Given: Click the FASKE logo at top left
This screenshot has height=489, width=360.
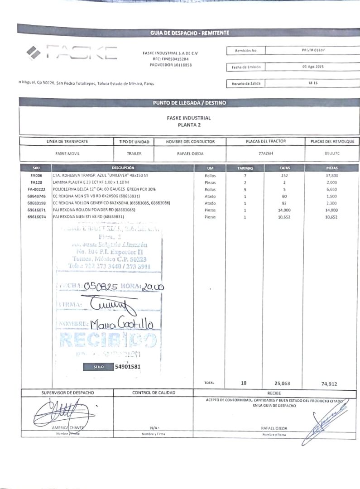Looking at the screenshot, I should pos(72,53).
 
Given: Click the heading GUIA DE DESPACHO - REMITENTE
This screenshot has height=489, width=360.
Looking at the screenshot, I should pos(190,33).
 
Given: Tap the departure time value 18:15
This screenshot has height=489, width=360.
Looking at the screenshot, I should pos(312,83).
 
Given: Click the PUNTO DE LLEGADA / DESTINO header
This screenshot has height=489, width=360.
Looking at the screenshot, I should pos(190,103).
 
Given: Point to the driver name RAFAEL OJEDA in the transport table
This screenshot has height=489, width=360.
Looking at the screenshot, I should pos(189,153).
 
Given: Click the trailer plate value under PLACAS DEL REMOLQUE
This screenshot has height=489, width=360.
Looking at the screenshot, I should pos(332,153).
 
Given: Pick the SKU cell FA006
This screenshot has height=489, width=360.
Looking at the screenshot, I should pos(36,175).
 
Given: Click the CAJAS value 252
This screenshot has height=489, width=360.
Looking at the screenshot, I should pos(285,175).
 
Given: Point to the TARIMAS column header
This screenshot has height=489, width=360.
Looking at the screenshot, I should pos(245,168).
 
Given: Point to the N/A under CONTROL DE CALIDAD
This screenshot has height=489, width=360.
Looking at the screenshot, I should pos(153,428).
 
